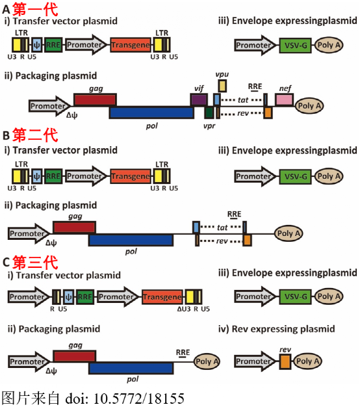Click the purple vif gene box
(199, 99)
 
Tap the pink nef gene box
(284, 99)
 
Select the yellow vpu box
(222, 86)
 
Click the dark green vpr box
(209, 112)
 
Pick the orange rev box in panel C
(285, 361)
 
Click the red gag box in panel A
(95, 100)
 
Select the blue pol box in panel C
(131, 368)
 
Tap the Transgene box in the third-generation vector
(162, 297)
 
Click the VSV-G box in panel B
(296, 176)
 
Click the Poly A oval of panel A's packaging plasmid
(309, 106)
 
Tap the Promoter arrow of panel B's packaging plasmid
(29, 233)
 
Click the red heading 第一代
(35, 9)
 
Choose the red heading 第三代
(35, 263)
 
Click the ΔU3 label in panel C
(184, 309)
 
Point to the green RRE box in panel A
(53, 45)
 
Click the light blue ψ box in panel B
(36, 176)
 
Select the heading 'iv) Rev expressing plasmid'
(276, 329)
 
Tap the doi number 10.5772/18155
(139, 399)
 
